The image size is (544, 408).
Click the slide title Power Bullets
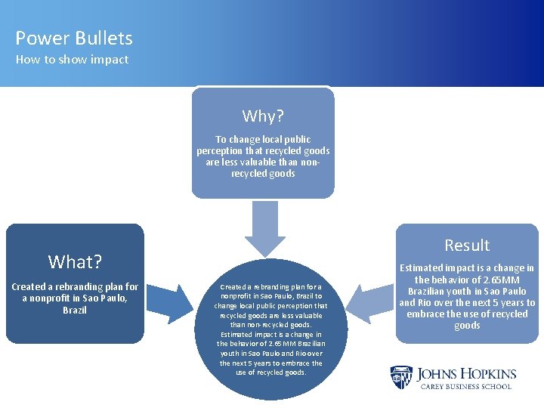tap(74, 38)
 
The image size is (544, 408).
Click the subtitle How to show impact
tap(73, 60)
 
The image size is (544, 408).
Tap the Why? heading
tap(262, 116)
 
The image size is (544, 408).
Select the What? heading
tap(75, 261)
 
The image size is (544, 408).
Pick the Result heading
tap(467, 245)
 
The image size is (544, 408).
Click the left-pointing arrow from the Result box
tap(366, 304)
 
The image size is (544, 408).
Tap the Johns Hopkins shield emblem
tap(401, 377)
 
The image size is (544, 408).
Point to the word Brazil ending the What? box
tap(75, 311)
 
